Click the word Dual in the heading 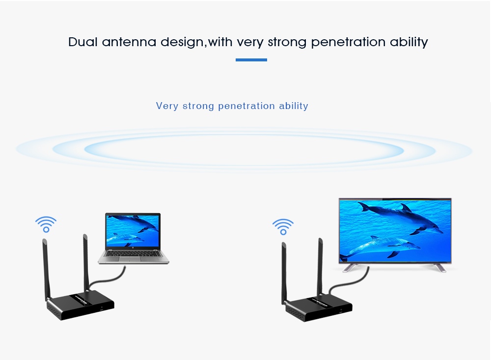(83, 42)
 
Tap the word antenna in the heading (129, 42)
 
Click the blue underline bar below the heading (251, 60)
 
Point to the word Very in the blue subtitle (167, 106)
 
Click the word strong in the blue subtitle (198, 106)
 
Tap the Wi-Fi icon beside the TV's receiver (283, 227)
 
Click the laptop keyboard (133, 254)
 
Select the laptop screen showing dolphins (133, 231)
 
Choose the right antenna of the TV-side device (320, 266)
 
